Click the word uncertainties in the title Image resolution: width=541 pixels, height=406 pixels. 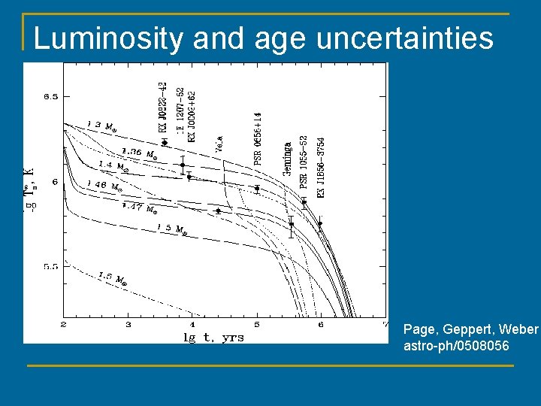pos(405,38)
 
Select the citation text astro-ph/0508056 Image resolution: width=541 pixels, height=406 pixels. pos(455,346)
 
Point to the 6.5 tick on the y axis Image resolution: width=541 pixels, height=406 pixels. pos(50,96)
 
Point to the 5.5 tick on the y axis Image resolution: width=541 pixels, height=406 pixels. pos(50,267)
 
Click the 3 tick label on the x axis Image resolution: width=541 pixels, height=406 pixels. pos(128,324)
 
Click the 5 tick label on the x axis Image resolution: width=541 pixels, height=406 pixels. pos(257,324)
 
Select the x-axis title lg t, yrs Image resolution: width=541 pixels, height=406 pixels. pos(213,338)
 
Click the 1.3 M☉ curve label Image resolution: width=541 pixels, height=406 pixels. pos(101,125)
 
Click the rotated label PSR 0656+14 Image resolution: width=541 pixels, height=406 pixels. pos(258,138)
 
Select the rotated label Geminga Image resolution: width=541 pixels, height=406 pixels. pos(287,159)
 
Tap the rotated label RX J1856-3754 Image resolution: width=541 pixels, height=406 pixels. pos(322,167)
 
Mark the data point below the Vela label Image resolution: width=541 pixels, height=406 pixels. pos(218,211)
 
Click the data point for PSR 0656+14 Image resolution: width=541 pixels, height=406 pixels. pos(257,189)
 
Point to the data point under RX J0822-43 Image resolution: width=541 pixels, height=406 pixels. pos(165,142)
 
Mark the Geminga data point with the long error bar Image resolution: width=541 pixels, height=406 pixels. pos(292,224)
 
